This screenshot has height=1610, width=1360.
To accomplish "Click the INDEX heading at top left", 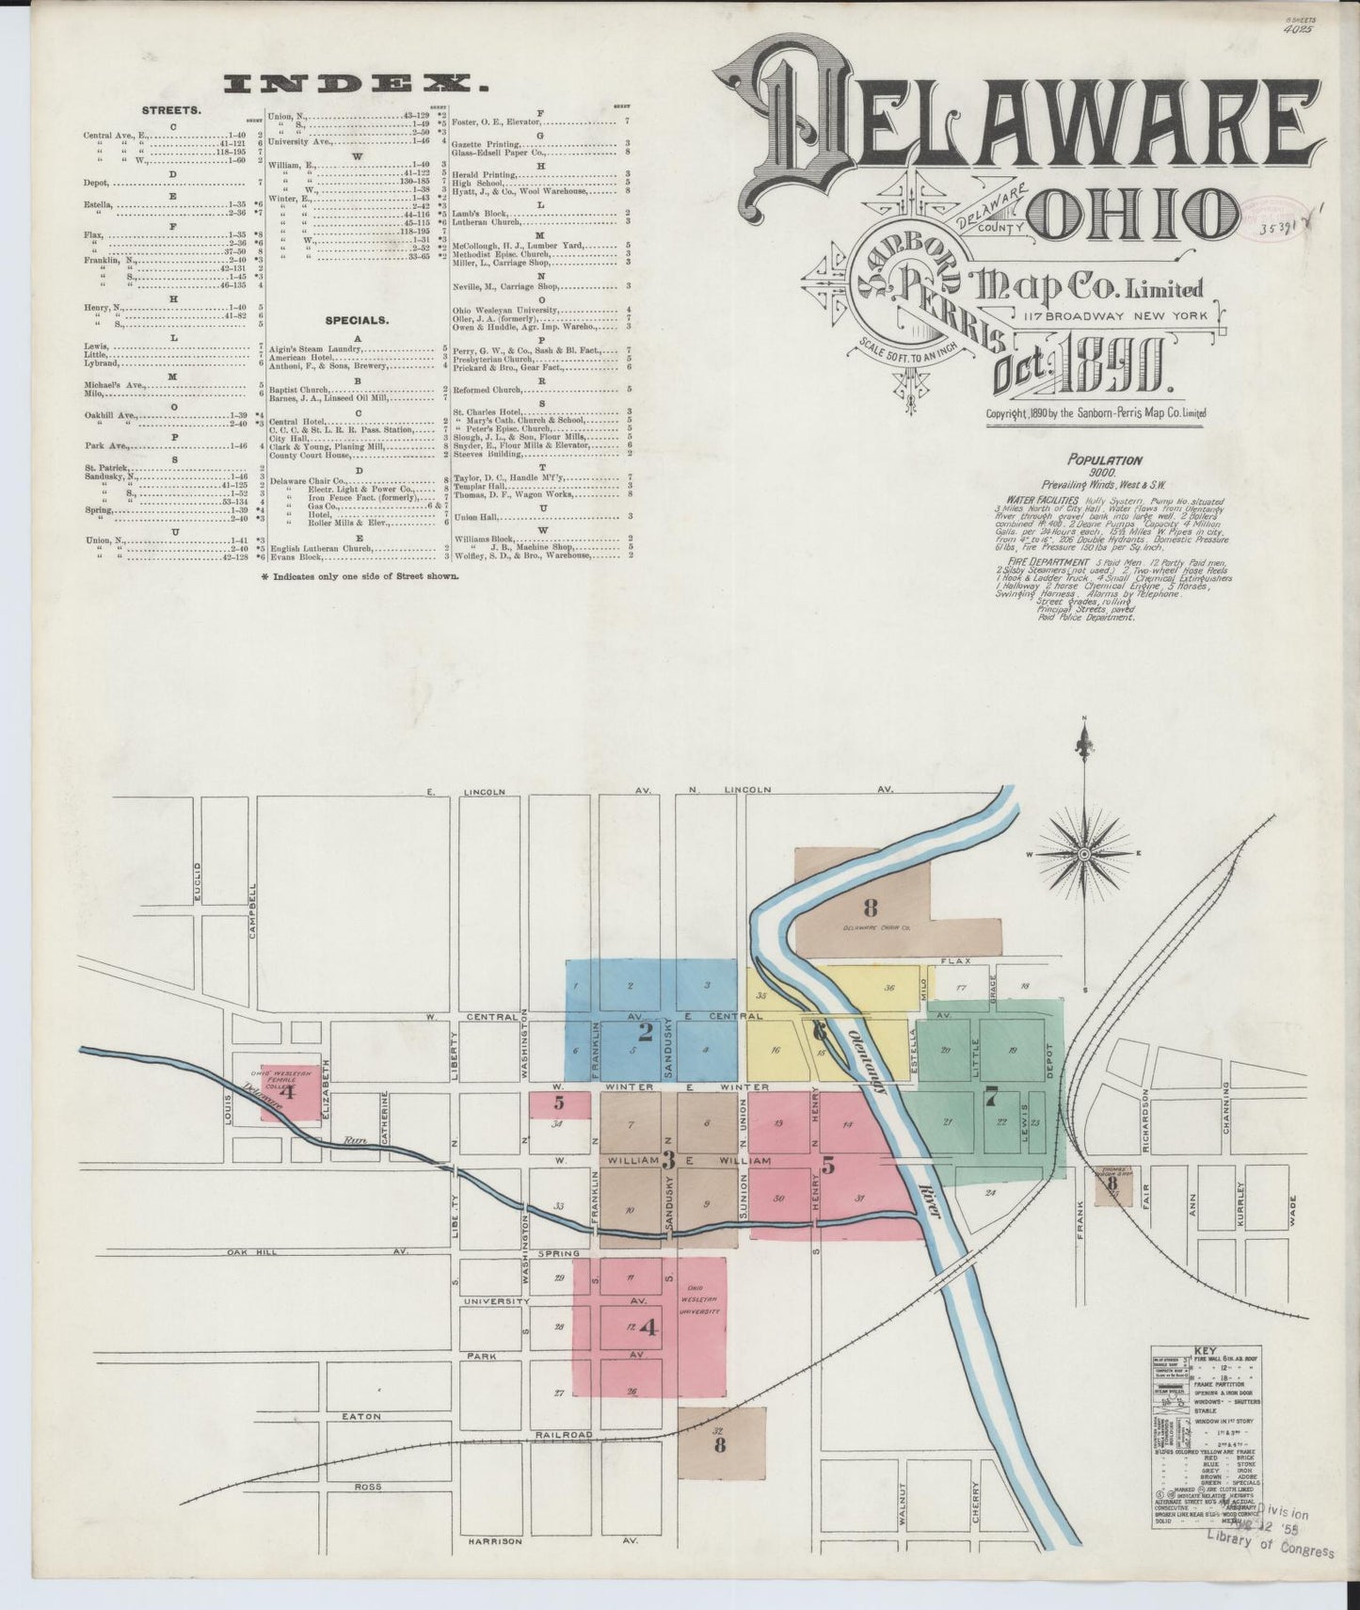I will (357, 85).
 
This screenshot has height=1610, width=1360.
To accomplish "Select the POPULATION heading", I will (1104, 460).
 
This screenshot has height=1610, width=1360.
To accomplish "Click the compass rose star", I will (1083, 853).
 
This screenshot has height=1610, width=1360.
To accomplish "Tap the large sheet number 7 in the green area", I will (989, 1096).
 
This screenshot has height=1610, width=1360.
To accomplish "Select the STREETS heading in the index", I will (170, 110).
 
